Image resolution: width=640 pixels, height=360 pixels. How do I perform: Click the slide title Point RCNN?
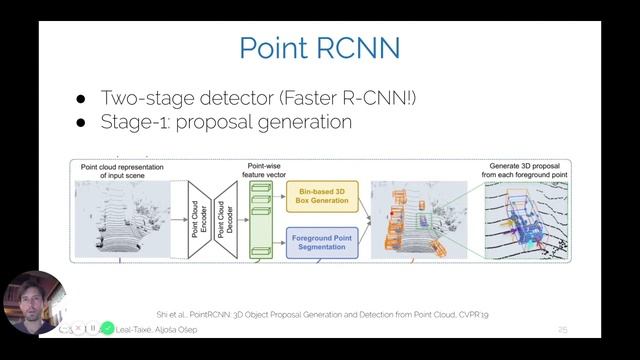tap(320, 48)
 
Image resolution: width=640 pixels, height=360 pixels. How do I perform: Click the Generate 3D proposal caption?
tap(527, 169)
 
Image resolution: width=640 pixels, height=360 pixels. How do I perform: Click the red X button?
tap(78, 328)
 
